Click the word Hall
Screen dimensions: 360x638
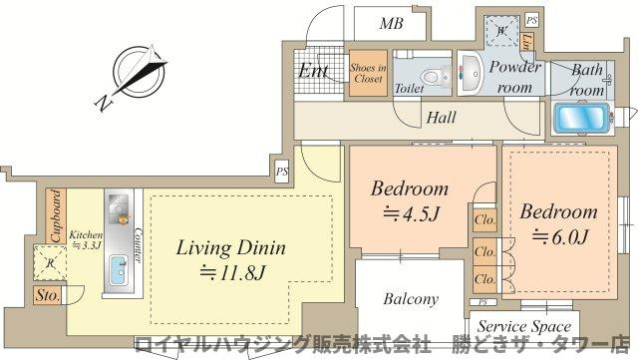[x=441, y=118]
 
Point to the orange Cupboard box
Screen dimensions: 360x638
[x=57, y=214]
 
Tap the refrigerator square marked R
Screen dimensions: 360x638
[x=53, y=264]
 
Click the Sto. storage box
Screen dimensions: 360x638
[x=47, y=296]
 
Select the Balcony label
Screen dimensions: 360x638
[x=411, y=298]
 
